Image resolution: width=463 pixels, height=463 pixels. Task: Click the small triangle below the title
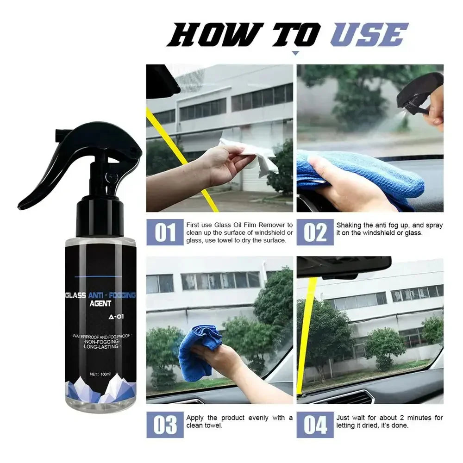[295, 53]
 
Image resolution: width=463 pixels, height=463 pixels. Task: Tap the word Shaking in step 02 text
[350, 225]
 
